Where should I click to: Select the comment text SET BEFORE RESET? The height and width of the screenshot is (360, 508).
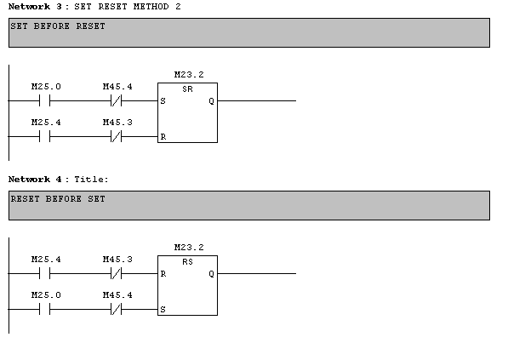click(58, 26)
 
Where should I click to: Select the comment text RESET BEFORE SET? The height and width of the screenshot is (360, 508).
click(58, 199)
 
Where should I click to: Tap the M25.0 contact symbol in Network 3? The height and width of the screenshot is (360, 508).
click(46, 100)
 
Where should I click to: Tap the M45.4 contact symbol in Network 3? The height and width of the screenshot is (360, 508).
click(117, 100)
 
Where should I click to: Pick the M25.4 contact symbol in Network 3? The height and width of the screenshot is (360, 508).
click(46, 136)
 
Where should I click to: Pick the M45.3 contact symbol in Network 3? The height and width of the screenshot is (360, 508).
click(117, 136)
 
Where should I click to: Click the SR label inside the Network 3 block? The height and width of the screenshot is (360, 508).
click(187, 89)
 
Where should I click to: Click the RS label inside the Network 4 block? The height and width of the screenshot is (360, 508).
click(187, 262)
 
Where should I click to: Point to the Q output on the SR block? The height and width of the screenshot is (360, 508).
click(211, 101)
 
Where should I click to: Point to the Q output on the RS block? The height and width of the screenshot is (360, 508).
click(211, 274)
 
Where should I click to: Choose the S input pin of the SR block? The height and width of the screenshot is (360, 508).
click(163, 101)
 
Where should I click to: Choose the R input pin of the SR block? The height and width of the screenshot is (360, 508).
click(163, 136)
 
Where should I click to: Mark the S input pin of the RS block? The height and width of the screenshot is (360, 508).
click(163, 310)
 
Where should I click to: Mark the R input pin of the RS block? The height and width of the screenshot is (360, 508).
click(163, 274)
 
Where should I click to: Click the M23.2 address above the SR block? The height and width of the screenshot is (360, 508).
click(188, 75)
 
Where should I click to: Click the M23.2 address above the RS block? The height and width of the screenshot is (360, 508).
click(188, 248)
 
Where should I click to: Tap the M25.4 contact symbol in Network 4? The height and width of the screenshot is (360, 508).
click(46, 273)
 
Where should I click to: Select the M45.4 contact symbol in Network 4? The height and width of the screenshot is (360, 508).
click(117, 309)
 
